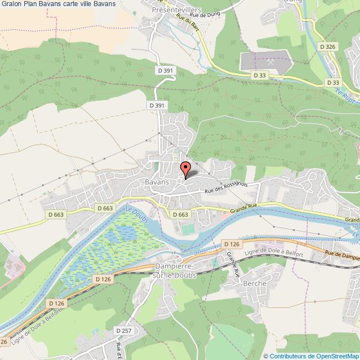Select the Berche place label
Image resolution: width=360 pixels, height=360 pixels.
pyautogui.click(x=254, y=283)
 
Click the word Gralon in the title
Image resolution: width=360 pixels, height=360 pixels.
pyautogui.click(x=11, y=4)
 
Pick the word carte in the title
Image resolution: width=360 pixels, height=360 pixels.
pyautogui.click(x=71, y=4)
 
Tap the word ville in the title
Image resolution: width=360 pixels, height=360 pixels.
pyautogui.click(x=90, y=4)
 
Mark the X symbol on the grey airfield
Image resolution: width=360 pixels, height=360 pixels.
pyautogui.click(x=270, y=62)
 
